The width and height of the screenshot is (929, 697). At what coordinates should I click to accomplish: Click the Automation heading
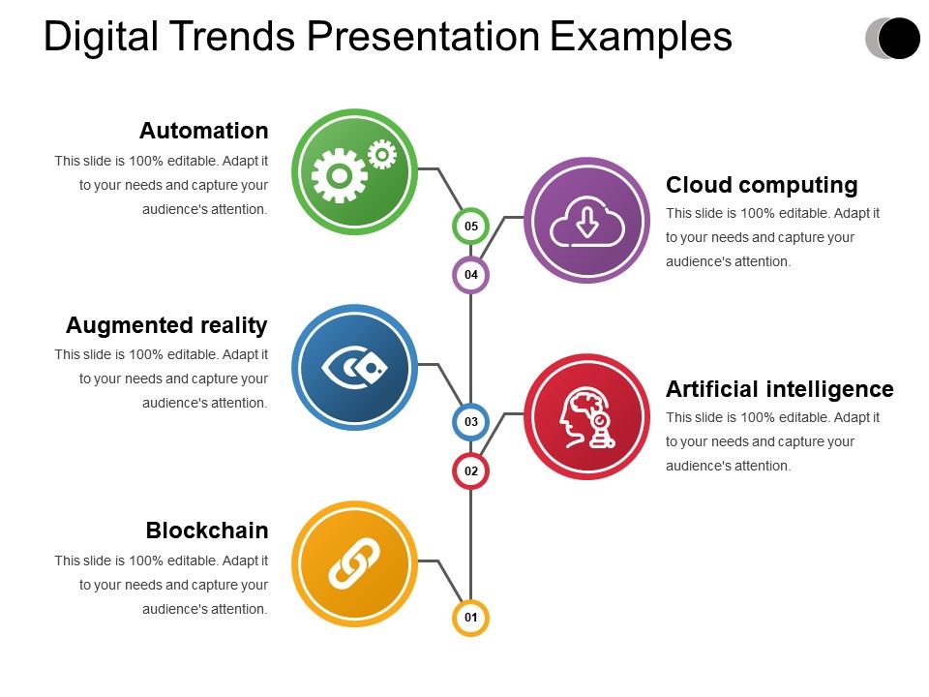click(x=203, y=131)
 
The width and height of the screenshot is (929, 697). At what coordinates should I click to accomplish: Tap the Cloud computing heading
click(x=762, y=185)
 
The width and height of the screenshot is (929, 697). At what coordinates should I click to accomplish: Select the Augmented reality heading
click(x=166, y=325)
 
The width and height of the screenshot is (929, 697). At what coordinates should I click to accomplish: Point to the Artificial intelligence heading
click(x=779, y=389)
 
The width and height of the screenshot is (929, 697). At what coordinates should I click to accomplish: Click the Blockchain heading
click(x=207, y=530)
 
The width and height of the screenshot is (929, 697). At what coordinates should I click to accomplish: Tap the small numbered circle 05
click(x=471, y=227)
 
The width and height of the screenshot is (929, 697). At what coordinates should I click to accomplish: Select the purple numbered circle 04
click(x=471, y=275)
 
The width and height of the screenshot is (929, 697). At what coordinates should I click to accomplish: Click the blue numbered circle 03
click(x=471, y=422)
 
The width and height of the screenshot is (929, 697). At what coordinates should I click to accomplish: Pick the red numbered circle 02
click(x=471, y=471)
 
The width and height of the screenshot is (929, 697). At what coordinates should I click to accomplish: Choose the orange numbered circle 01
click(x=471, y=617)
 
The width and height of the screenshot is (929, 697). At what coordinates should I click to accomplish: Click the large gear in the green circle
click(x=339, y=176)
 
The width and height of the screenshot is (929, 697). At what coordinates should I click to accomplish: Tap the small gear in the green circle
click(x=382, y=153)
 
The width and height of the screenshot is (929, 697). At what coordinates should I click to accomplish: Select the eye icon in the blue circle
click(x=353, y=368)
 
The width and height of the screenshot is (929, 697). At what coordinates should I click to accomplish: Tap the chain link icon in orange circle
click(x=353, y=563)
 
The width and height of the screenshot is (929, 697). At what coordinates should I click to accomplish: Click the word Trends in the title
click(x=241, y=37)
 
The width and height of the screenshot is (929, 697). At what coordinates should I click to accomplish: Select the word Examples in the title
click(x=641, y=37)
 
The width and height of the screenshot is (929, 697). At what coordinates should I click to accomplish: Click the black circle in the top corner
click(x=899, y=38)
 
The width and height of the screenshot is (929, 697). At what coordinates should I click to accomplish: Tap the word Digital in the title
click(x=102, y=37)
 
